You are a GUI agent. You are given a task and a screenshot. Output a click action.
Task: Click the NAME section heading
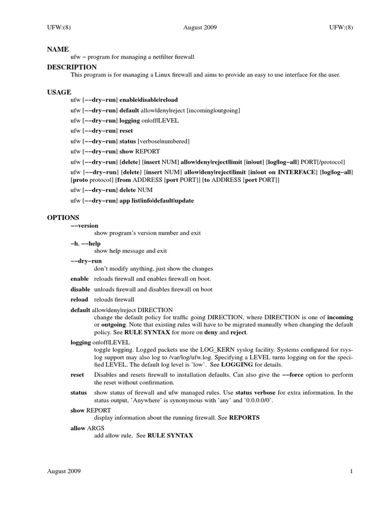[58, 49]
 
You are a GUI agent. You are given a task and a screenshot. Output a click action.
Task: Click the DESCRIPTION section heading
[72, 67]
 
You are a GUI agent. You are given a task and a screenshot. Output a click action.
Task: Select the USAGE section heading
[59, 92]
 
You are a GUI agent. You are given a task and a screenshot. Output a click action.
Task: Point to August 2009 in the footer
[64, 471]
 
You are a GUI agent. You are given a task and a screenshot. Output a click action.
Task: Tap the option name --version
[84, 225]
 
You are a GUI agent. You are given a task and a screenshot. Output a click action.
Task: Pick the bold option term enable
[80, 279]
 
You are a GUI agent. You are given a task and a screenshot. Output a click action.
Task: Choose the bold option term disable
[81, 289]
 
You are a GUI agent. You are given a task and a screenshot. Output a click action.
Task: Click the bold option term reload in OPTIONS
[79, 300]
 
